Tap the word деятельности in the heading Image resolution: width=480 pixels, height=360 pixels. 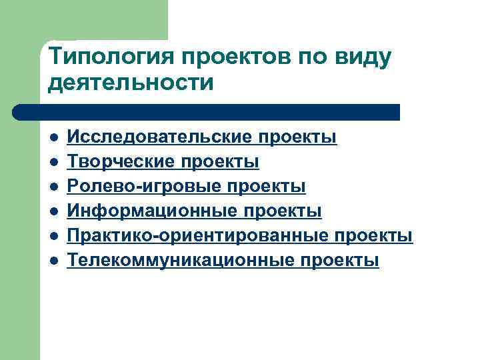click(x=131, y=84)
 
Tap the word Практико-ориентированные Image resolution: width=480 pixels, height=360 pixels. click(x=198, y=236)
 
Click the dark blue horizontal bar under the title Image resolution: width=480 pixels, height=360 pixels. click(x=207, y=111)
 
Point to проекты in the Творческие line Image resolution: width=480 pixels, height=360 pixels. click(x=221, y=163)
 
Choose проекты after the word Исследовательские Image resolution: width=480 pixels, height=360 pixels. click(x=299, y=138)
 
